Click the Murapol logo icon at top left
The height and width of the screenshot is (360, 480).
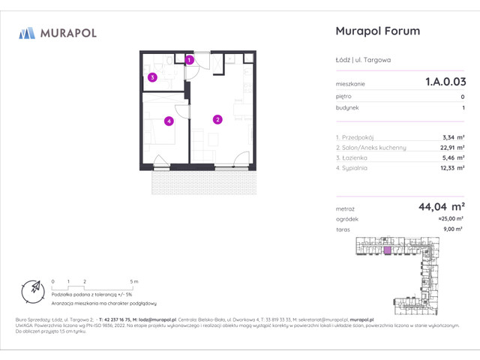pos(27,32)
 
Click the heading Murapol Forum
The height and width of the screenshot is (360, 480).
pos(378,31)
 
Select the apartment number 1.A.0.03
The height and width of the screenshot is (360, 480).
pos(445,83)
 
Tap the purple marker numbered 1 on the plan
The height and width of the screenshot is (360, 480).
pos(190,59)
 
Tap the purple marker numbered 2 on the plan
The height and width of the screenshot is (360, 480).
pos(217,118)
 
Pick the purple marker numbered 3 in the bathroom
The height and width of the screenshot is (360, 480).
pos(152,76)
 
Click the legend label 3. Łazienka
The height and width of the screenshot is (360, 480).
pos(352,158)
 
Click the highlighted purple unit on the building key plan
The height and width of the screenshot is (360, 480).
pos(388,251)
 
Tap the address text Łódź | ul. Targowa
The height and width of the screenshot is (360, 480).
pos(363,60)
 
